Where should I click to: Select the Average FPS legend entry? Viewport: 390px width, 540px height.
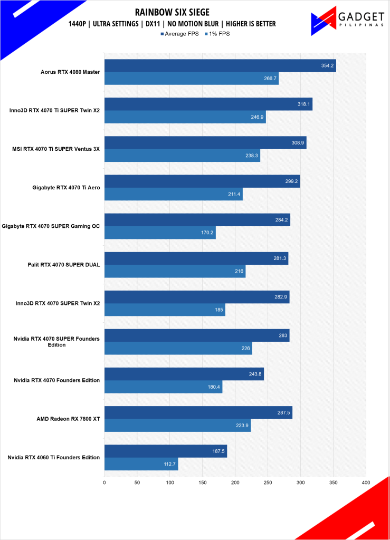tap(179, 34)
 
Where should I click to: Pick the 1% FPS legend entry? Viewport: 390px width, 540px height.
tap(218, 34)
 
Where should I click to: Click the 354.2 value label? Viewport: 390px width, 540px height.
tap(328, 66)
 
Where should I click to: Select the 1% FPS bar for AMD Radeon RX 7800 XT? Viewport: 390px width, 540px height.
tap(177, 426)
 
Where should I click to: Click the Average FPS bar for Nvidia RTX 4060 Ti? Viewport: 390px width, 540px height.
tap(165, 451)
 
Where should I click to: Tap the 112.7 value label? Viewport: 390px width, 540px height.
tap(170, 464)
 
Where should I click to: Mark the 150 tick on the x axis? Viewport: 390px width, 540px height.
tap(203, 482)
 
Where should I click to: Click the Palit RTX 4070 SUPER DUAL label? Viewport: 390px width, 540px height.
tap(64, 265)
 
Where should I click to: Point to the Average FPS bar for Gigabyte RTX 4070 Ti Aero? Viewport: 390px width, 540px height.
tap(202, 181)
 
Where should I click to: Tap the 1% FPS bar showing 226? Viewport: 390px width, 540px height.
tap(178, 349)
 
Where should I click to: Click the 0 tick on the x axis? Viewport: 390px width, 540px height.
tap(104, 482)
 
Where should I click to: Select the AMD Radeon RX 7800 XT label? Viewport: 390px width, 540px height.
tap(69, 419)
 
